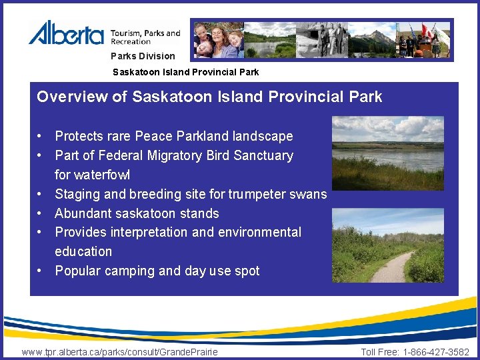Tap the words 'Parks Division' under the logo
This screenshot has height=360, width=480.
pyautogui.click(x=143, y=56)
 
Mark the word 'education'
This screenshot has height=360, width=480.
pyautogui.click(x=83, y=252)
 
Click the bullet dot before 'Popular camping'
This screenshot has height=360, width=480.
pyautogui.click(x=41, y=271)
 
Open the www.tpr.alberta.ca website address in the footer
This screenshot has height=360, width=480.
pyautogui.click(x=120, y=352)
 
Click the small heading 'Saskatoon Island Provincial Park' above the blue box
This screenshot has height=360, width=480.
pyautogui.click(x=185, y=71)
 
